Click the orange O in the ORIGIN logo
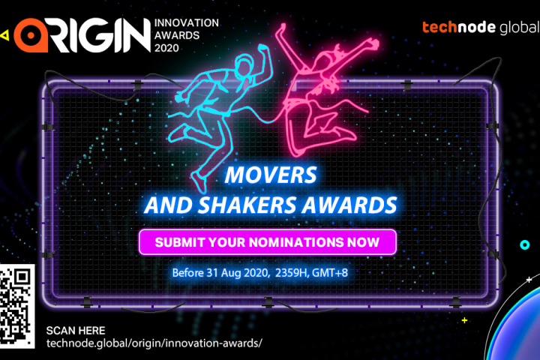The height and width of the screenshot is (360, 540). coord(31,35)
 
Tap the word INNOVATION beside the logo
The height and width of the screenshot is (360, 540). coord(186,23)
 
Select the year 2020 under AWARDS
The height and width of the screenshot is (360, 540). coord(166,48)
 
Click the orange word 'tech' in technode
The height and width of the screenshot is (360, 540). coord(441,27)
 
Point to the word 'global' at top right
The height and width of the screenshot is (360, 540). coord(519,28)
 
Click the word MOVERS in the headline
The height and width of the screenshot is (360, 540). coord(271,175)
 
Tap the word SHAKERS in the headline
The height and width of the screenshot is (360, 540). coord(247,205)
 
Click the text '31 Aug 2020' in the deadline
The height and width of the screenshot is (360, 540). coord(237,273)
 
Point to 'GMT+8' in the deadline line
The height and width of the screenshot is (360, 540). coord(330,273)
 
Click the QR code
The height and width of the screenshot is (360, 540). coord(16,306)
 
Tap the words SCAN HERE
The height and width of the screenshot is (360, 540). coord(76,331)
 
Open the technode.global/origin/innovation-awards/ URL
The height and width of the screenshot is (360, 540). coord(154,343)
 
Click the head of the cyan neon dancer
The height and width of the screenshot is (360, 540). coord(244,66)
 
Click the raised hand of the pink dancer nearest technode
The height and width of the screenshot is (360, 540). coord(373,44)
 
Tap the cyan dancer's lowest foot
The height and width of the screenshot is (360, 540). coord(199,181)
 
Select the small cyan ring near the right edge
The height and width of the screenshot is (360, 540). coord(524,245)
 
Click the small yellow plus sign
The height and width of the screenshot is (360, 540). coord(464,320)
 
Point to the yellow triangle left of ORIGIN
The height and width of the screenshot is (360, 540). coord(4,35)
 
